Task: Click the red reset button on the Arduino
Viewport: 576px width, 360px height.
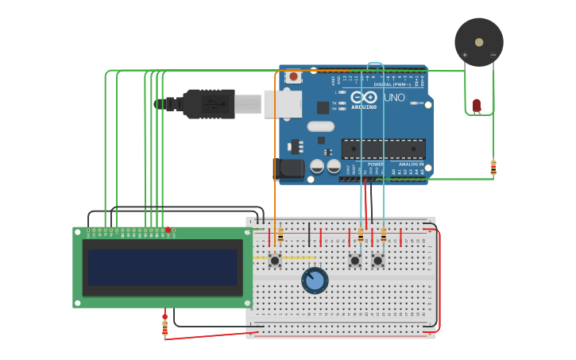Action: click(x=294, y=77)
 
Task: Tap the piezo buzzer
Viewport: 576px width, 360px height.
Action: click(x=478, y=42)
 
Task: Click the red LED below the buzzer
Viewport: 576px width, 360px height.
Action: click(x=477, y=105)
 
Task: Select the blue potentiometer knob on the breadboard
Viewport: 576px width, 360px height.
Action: click(x=315, y=281)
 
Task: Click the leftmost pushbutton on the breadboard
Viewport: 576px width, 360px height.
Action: click(x=275, y=260)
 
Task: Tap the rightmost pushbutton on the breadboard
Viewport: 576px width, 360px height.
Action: click(x=377, y=261)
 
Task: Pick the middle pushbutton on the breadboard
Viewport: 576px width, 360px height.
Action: click(x=354, y=261)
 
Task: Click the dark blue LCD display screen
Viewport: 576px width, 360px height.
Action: click(x=162, y=268)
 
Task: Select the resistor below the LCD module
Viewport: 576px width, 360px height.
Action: click(x=165, y=326)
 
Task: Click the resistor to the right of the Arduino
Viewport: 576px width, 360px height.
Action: click(x=493, y=168)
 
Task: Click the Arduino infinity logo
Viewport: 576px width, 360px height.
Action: click(x=364, y=97)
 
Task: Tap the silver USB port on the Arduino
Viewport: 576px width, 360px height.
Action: click(x=282, y=103)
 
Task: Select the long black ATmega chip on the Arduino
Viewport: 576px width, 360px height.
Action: click(x=383, y=149)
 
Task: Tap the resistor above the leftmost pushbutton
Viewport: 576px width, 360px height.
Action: click(x=280, y=235)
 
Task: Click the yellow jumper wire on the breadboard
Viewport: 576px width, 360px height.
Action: click(x=299, y=257)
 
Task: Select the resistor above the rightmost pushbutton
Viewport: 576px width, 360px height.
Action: click(x=384, y=235)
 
